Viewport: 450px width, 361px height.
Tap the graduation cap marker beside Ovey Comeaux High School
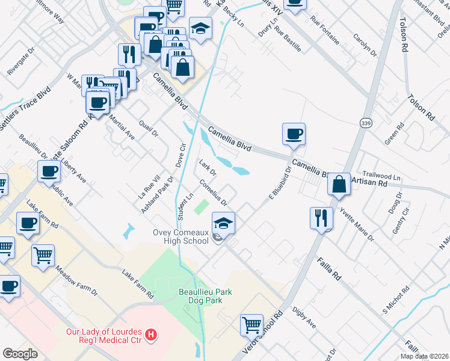pos(223,223)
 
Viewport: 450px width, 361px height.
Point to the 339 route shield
pos(365,123)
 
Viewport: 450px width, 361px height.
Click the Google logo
pos(20,354)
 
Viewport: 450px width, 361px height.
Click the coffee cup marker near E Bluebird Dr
pos(294,134)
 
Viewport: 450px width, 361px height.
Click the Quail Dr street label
pos(148,128)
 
